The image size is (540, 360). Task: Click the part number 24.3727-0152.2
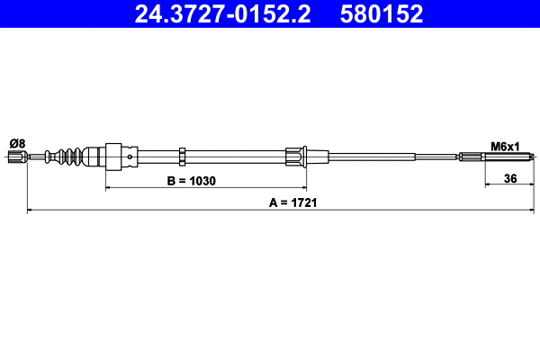point(222,14)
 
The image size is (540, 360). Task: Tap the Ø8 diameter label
point(16,142)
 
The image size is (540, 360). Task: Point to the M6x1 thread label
point(505,145)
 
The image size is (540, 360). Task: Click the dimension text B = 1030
point(193,180)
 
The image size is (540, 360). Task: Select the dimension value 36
point(509,178)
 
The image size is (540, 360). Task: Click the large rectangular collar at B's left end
point(114,157)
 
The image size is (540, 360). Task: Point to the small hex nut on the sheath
point(182,157)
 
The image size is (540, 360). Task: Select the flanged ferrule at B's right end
point(294,157)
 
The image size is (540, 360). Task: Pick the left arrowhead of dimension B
point(110,188)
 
